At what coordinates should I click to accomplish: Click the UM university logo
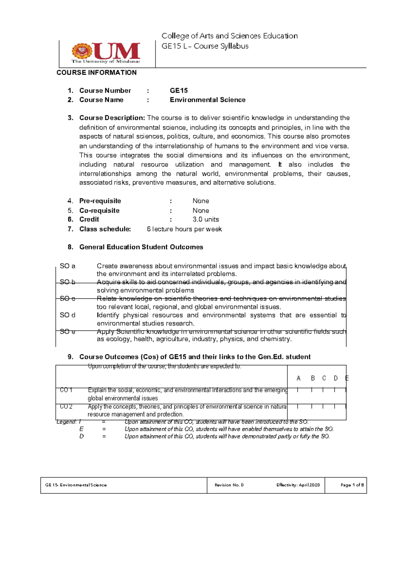[106, 53]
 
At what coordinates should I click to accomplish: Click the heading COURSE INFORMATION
[96, 73]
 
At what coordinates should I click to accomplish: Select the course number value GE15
[179, 90]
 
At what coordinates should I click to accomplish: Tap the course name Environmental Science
[207, 100]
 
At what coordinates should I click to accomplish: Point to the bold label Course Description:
[112, 118]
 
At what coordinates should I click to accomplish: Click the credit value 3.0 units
[205, 219]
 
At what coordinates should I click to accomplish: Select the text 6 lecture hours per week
[184, 229]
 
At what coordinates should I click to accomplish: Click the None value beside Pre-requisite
[201, 201]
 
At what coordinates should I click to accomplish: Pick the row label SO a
[67, 266]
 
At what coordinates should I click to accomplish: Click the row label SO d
[67, 315]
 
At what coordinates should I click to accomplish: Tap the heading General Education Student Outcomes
[141, 247]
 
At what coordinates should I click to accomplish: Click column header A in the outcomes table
[298, 378]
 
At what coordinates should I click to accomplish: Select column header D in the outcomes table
[336, 378]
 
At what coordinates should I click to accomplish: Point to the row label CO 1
[66, 390]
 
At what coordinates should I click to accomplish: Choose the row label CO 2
[66, 407]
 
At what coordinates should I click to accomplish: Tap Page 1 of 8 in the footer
[352, 485]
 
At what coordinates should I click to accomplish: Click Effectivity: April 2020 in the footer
[298, 485]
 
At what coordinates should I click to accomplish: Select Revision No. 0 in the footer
[229, 485]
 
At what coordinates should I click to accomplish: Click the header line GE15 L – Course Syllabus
[205, 46]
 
